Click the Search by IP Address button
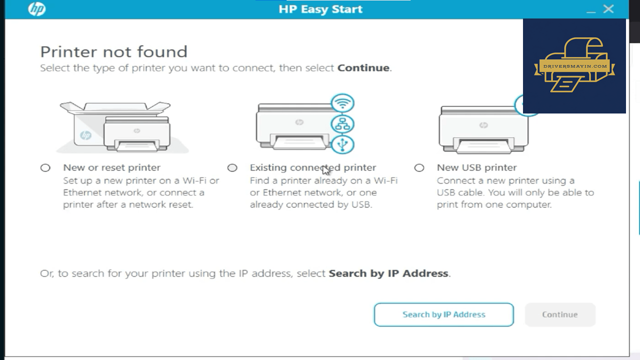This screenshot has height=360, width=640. (443, 314)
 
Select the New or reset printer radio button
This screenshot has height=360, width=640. (45, 167)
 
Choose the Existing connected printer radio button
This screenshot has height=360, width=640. (232, 167)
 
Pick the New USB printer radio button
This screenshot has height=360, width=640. (419, 167)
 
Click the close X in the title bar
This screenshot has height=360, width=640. (608, 9)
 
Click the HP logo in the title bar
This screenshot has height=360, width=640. (37, 9)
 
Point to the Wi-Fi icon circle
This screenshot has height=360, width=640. (342, 103)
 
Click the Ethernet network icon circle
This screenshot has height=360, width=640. (342, 124)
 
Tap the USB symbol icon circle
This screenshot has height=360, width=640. (342, 144)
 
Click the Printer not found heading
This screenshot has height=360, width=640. (113, 51)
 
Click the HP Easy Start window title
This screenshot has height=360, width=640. (320, 9)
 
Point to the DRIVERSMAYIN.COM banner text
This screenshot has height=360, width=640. (575, 66)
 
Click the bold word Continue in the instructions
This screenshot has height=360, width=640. (363, 68)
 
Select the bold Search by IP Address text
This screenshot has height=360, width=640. (388, 273)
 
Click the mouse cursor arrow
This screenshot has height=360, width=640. (326, 170)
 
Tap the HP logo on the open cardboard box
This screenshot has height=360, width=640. (85, 135)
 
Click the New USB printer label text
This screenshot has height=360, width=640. (477, 167)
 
